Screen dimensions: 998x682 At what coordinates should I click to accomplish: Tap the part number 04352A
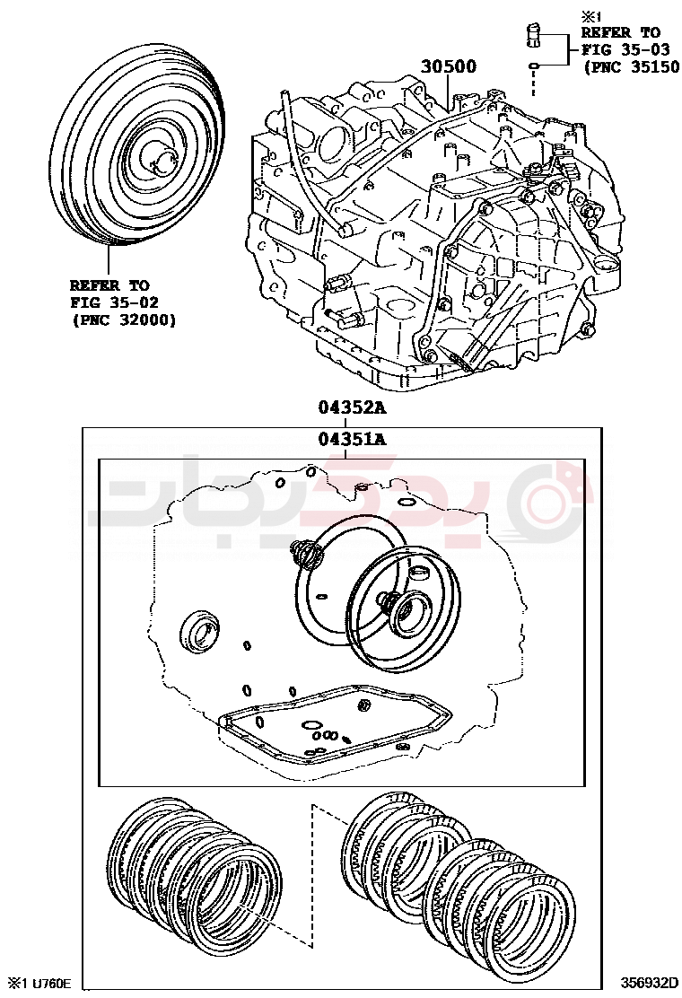point(351,407)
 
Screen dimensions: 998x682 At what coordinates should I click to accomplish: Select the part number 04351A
point(351,439)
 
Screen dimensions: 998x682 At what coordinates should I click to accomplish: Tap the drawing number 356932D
point(649,982)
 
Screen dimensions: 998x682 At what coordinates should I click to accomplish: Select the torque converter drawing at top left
point(135,162)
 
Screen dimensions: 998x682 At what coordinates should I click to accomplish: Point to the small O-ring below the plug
point(534,66)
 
